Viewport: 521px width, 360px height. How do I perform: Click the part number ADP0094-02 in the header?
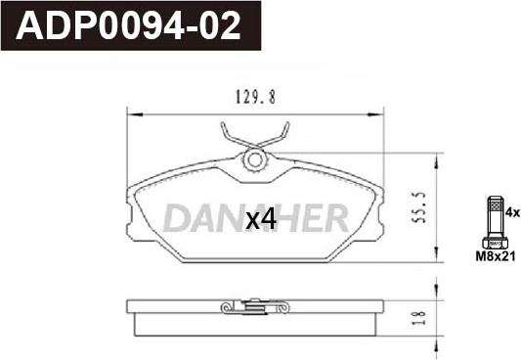[x=128, y=25]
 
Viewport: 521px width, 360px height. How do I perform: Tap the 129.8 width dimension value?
[x=255, y=97]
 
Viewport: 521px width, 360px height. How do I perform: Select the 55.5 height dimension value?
[x=418, y=207]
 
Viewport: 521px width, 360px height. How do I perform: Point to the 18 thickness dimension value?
[x=420, y=318]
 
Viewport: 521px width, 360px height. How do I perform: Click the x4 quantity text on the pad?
[x=261, y=219]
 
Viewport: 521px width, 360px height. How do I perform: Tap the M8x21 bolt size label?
[x=496, y=256]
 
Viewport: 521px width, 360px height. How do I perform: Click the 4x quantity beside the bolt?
[x=512, y=212]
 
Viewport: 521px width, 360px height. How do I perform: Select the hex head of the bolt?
[x=495, y=244]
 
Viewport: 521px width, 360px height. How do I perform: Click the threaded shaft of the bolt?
[x=495, y=217]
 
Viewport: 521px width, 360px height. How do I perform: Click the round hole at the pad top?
[x=255, y=160]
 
